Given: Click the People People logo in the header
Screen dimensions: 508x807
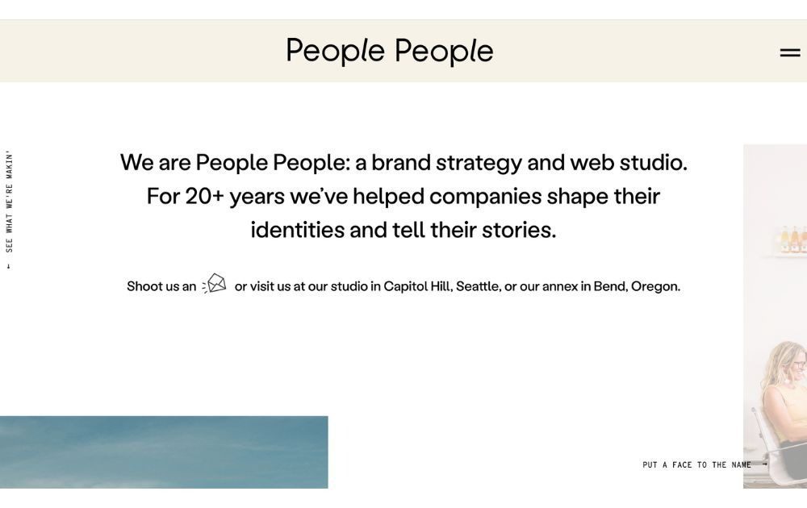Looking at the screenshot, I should click(x=389, y=51).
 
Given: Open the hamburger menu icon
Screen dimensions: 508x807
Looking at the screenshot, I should click(x=789, y=53).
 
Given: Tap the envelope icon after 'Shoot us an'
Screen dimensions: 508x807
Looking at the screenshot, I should click(x=215, y=284).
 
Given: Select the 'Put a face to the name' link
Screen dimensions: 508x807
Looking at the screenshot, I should click(x=696, y=465).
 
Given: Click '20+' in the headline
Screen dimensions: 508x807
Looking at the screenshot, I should click(x=204, y=196).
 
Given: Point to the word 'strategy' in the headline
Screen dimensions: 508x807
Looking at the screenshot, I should click(x=479, y=162).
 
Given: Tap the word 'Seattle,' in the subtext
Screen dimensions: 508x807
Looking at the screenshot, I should click(x=478, y=286).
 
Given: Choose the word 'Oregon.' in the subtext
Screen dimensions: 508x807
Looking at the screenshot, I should click(x=655, y=286).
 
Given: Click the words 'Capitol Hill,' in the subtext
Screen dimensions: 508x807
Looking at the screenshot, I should click(x=417, y=286).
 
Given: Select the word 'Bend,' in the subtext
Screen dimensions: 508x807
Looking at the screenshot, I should click(x=610, y=286).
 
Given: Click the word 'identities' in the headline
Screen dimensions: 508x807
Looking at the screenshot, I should click(x=297, y=230).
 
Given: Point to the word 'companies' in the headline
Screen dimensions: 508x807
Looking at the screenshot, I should click(x=485, y=196).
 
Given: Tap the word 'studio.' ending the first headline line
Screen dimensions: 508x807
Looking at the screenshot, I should click(x=653, y=162).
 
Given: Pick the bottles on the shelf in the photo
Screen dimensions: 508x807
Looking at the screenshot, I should click(x=792, y=240).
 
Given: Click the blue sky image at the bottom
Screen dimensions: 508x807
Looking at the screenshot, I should click(x=164, y=452).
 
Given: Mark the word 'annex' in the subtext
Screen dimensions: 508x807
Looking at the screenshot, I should click(x=560, y=286).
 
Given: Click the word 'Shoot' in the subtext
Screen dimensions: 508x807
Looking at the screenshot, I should click(x=144, y=286).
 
